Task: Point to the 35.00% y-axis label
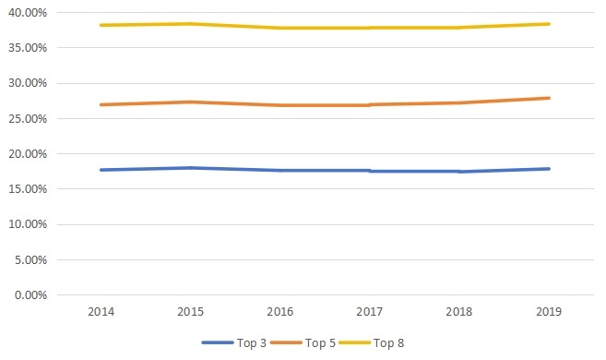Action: (x=30, y=48)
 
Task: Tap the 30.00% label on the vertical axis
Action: (x=30, y=83)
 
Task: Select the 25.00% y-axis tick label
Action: (x=30, y=119)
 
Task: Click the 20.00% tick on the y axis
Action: (x=30, y=154)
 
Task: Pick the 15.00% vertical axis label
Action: (x=30, y=189)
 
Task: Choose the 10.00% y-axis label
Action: (x=30, y=225)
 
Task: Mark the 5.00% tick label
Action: (x=32, y=260)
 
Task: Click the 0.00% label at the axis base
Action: (x=32, y=295)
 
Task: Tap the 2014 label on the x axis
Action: (x=101, y=313)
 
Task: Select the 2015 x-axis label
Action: (x=190, y=313)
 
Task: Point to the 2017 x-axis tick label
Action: (x=369, y=313)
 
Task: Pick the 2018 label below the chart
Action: (x=458, y=313)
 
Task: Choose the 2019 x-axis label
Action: (x=549, y=313)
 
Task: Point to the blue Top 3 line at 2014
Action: (x=101, y=170)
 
